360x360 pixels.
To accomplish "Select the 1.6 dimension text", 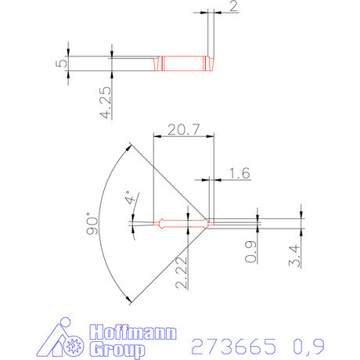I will (239, 174).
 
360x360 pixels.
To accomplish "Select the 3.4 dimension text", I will (293, 255).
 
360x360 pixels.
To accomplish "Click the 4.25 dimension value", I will (106, 102).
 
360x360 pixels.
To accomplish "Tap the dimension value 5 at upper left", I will (60, 63).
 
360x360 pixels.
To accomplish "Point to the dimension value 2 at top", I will (233, 7).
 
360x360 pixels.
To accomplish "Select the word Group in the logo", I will (117, 348).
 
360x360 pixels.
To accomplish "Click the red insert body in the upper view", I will (185, 63).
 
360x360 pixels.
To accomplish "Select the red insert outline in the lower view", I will (184, 223).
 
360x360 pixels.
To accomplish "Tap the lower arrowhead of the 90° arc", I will (128, 300).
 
